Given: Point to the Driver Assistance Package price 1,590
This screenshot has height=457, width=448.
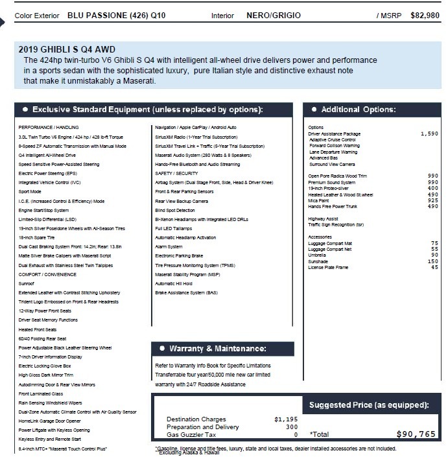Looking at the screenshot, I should [429, 134].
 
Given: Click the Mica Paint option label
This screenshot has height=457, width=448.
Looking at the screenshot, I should [322, 201].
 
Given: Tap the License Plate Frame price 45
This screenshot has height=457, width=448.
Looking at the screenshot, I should [434, 267].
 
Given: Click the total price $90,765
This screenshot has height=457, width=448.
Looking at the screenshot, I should [416, 434].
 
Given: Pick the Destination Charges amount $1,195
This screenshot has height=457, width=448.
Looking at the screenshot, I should [286, 419].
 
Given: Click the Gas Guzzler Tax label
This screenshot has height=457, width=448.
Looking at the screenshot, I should [192, 435].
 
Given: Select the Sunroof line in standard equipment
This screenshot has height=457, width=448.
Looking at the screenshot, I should [26, 283].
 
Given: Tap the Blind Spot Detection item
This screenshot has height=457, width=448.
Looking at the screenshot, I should [175, 210].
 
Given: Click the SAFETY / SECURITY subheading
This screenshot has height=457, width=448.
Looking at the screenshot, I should [176, 173].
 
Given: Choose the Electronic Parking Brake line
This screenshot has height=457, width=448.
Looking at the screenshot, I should [179, 256].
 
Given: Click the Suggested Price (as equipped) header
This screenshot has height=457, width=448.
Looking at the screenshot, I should [369, 405].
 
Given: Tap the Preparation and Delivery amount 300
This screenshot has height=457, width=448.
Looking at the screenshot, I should [291, 427].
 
